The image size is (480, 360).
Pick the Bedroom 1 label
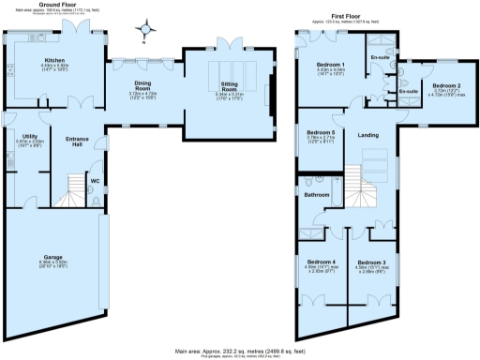pyautogui.click(x=331, y=65)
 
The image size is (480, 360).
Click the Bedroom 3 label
pyautogui.click(x=370, y=262)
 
